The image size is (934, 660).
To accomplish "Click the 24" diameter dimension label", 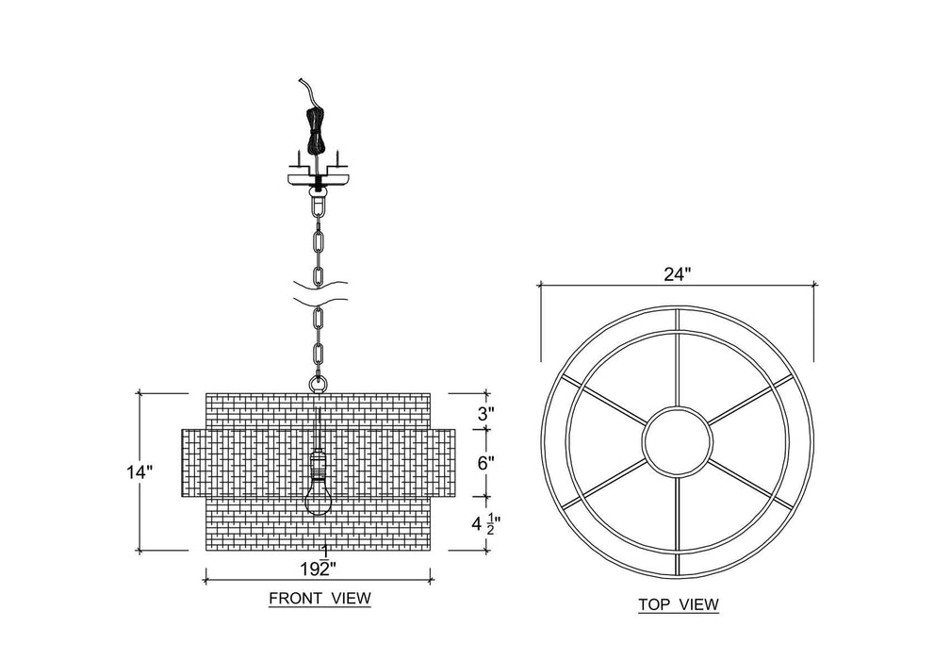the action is tap(678, 274).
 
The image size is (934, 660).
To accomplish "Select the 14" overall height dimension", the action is tap(140, 472).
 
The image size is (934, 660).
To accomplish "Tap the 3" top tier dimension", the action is tap(486, 414).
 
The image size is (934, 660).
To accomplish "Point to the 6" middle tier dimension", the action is tap(486, 463).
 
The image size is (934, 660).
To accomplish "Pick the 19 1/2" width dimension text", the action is tap(320, 562).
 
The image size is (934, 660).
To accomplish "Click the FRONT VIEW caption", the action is tap(320, 598).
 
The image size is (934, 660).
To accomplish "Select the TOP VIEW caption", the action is tap(679, 604).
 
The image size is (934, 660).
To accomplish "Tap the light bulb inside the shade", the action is tap(318, 498).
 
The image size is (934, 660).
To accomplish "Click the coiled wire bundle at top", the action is tap(316, 130).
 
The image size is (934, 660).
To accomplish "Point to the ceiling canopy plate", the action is tap(318, 179).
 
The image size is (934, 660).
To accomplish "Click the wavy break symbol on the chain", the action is tap(319, 293).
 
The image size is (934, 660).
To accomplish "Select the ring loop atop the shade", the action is tap(318, 383).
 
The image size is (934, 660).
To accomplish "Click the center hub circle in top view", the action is tap(678, 441).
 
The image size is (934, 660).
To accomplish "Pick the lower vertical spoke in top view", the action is tap(678, 525).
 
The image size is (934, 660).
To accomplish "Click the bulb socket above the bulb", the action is tap(318, 465).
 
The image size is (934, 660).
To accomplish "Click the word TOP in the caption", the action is tap(653, 604).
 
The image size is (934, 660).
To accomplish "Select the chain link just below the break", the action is tap(319, 322).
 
